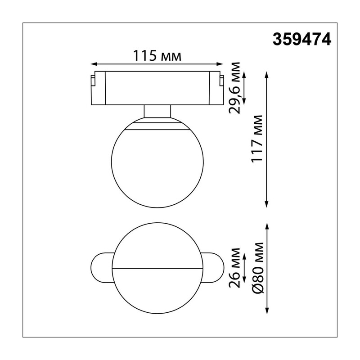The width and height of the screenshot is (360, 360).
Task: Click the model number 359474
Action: pyautogui.click(x=301, y=39)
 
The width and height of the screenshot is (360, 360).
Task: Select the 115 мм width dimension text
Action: pyautogui.click(x=157, y=56)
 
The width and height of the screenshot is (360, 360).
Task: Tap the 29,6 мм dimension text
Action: pyautogui.click(x=234, y=88)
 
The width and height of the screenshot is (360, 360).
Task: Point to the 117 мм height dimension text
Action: pyautogui.click(x=256, y=139)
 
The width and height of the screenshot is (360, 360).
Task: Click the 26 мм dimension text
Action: pyautogui.click(x=234, y=268)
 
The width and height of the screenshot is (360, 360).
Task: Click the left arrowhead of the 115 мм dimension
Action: pyautogui.click(x=94, y=64)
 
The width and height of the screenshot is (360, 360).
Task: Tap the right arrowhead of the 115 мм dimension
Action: pyautogui.click(x=220, y=64)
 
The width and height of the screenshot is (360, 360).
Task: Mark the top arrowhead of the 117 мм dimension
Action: pyautogui.click(x=266, y=74)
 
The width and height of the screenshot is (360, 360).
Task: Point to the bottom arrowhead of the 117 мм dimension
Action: pyautogui.click(x=266, y=205)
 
